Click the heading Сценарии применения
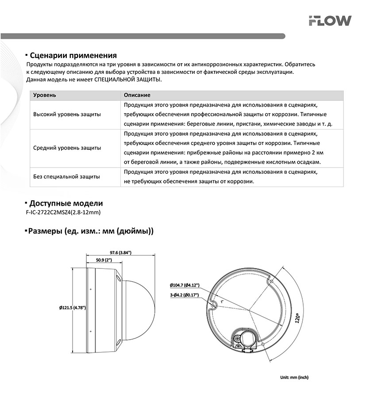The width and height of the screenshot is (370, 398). click(x=73, y=55)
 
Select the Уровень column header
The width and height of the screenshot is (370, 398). click(x=45, y=95)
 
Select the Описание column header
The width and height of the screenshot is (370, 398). click(x=137, y=95)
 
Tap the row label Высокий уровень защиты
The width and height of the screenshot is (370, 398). click(x=67, y=114)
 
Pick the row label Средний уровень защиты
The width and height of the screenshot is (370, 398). click(x=67, y=148)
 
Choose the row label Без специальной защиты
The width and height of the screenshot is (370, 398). click(x=66, y=176)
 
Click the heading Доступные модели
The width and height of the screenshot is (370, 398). click(x=66, y=203)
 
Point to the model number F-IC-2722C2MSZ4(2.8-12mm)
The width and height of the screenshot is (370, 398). click(x=64, y=213)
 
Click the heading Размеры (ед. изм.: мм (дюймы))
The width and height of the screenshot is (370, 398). click(x=91, y=231)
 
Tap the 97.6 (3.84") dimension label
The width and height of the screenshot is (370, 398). click(x=120, y=253)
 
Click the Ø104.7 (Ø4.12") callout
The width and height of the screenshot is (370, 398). click(x=185, y=285)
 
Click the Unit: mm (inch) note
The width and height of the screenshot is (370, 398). click(x=294, y=377)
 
